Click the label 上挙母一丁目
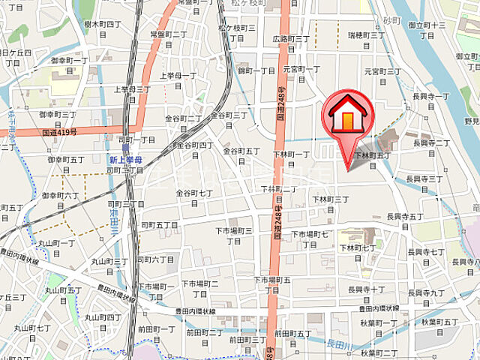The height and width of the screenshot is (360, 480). click(179, 75)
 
